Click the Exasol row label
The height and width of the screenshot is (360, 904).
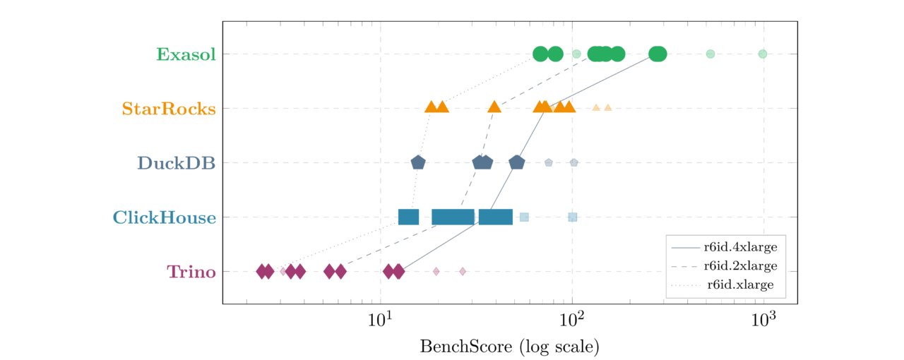pos(186,54)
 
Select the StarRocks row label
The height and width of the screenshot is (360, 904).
pos(168,109)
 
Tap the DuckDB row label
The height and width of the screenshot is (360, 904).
pos(176,163)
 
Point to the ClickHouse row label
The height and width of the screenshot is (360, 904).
pos(164,217)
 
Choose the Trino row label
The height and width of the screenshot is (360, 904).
pos(191,272)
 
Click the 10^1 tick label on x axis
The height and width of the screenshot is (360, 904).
pos(381,320)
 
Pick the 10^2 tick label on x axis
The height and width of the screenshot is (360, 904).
pos(572,320)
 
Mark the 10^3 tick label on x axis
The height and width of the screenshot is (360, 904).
pos(763,320)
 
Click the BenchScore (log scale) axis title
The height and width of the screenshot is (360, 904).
pos(509,347)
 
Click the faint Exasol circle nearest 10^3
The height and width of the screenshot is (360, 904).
pos(762,54)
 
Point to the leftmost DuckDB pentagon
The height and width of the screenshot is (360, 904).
pos(418,163)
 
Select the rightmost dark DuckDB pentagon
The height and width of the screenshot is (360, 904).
pos(517,163)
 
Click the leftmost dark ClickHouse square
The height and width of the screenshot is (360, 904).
pos(408,217)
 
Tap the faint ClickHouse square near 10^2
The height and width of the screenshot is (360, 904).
pos(573,217)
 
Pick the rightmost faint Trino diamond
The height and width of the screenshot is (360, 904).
pos(463,272)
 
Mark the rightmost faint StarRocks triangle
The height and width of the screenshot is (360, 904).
pos(607,108)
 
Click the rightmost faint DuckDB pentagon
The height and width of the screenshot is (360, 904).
pos(574,163)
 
